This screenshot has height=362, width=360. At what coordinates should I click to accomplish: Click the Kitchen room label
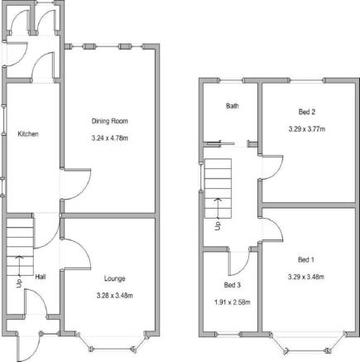click(28, 134)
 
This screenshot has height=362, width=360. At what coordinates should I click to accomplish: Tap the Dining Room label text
click(110, 121)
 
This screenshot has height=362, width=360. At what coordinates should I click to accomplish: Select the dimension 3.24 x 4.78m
click(110, 138)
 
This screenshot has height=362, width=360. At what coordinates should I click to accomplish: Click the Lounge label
click(115, 278)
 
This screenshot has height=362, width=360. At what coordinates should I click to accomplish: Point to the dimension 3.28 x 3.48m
click(115, 296)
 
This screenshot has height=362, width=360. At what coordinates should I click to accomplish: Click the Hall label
click(41, 277)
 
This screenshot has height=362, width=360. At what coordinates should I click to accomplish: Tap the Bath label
click(233, 106)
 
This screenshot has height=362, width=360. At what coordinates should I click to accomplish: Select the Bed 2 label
click(307, 112)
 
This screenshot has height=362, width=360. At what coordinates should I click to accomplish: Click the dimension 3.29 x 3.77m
click(307, 129)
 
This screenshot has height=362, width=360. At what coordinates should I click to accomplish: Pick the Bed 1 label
click(306, 259)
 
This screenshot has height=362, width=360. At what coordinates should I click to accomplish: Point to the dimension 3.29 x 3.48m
click(306, 277)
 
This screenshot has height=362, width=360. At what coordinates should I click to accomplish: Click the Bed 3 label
click(233, 285)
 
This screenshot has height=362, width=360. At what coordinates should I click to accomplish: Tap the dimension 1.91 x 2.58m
click(233, 302)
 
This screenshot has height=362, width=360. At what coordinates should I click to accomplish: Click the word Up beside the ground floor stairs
click(19, 283)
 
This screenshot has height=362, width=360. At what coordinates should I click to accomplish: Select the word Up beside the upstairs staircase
click(218, 226)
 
